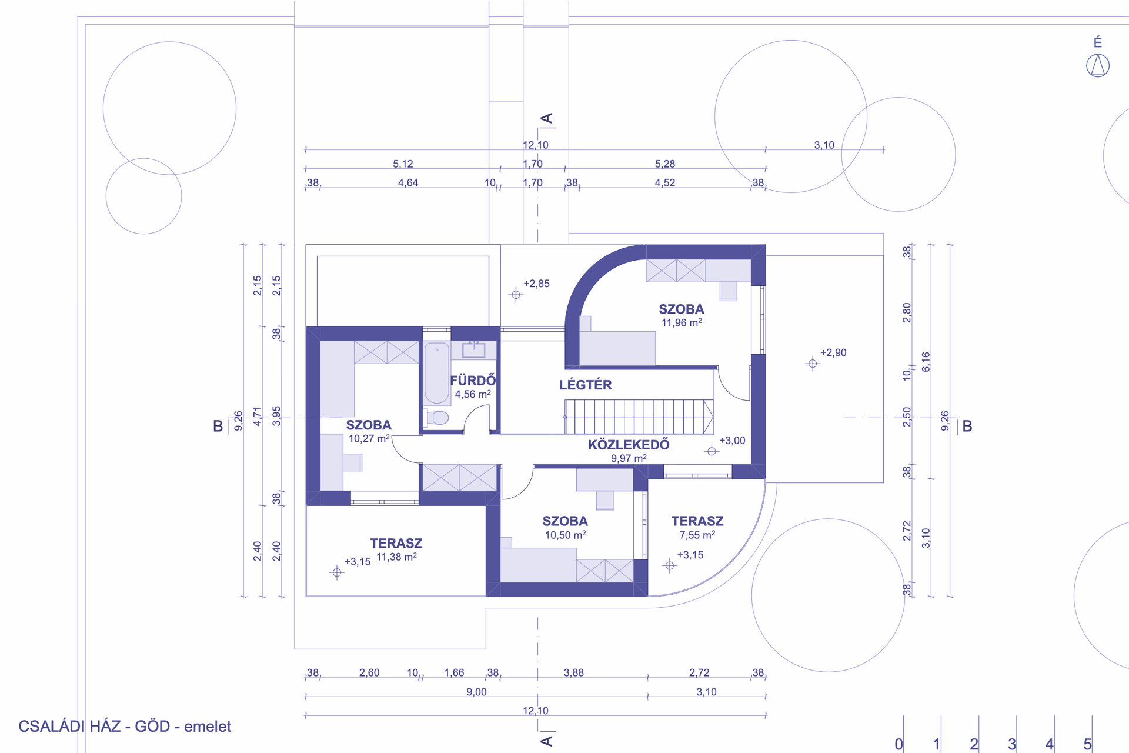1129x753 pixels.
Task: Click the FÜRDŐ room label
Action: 473,381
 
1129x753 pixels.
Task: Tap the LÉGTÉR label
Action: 585,385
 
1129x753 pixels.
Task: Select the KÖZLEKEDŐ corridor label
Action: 629,445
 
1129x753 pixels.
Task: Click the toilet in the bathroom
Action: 437,418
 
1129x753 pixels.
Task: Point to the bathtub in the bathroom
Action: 437,373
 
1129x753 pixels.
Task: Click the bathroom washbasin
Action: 473,350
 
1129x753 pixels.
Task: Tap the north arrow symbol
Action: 1097,65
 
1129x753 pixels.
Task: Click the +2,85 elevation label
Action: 536,284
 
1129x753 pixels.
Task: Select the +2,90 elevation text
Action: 833,353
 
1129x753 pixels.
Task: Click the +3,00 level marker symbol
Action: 712,452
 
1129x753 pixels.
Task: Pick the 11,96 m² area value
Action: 682,323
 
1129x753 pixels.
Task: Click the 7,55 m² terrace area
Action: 697,535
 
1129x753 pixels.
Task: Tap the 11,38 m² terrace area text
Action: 396,557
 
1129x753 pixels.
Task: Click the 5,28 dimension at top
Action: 665,164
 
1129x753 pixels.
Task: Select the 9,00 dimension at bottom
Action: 476,692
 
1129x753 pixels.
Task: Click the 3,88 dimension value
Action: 574,673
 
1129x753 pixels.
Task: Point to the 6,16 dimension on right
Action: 926,362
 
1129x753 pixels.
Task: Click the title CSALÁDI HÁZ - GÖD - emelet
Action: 125,727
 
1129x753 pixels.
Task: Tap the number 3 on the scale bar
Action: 1011,744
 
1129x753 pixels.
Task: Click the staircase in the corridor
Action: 639,417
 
